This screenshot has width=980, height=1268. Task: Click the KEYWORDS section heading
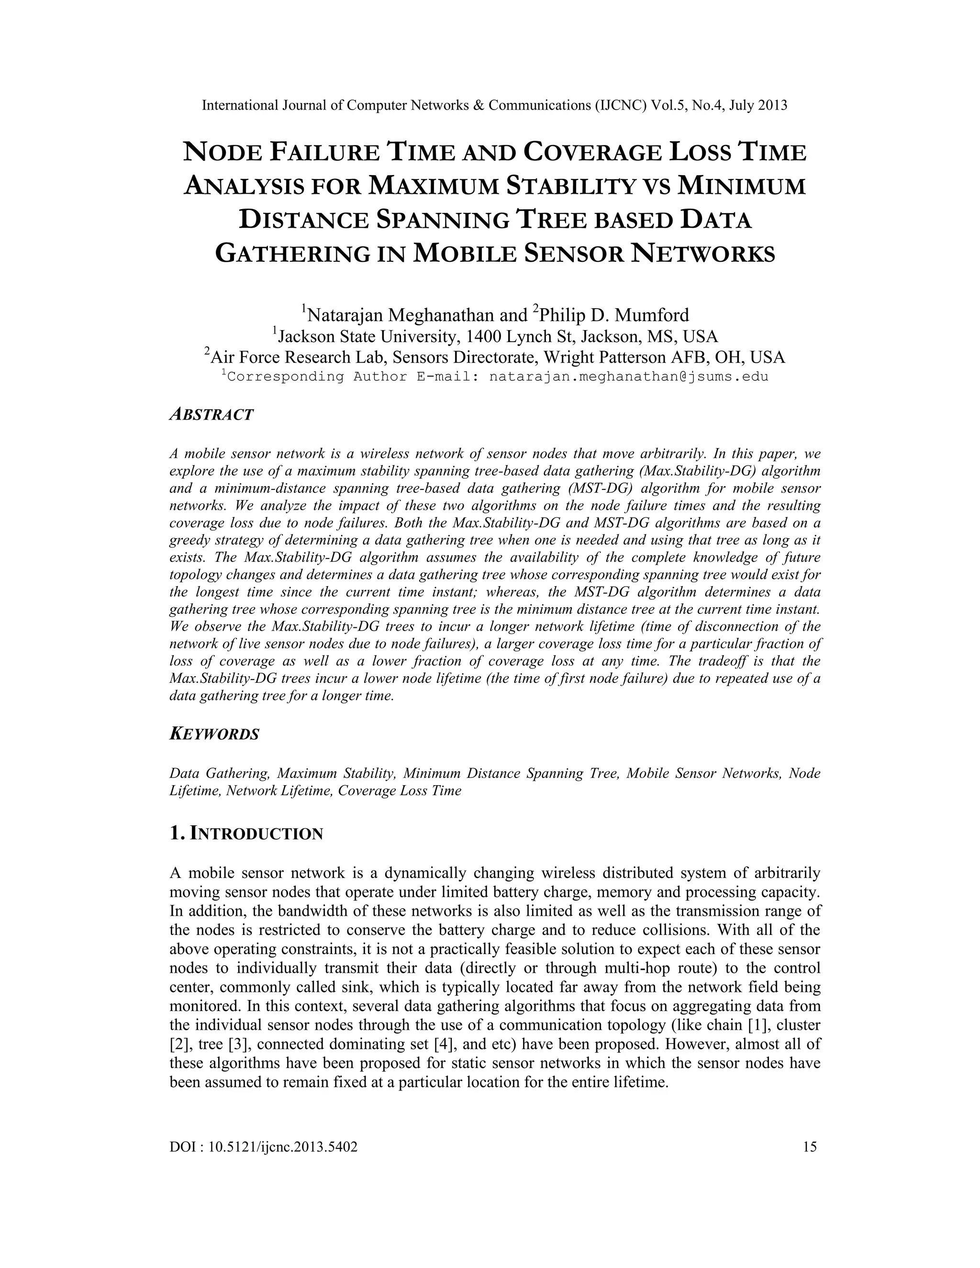tap(214, 734)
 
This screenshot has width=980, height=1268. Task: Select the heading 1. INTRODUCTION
tap(246, 834)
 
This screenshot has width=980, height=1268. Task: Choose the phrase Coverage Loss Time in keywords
tap(400, 791)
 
